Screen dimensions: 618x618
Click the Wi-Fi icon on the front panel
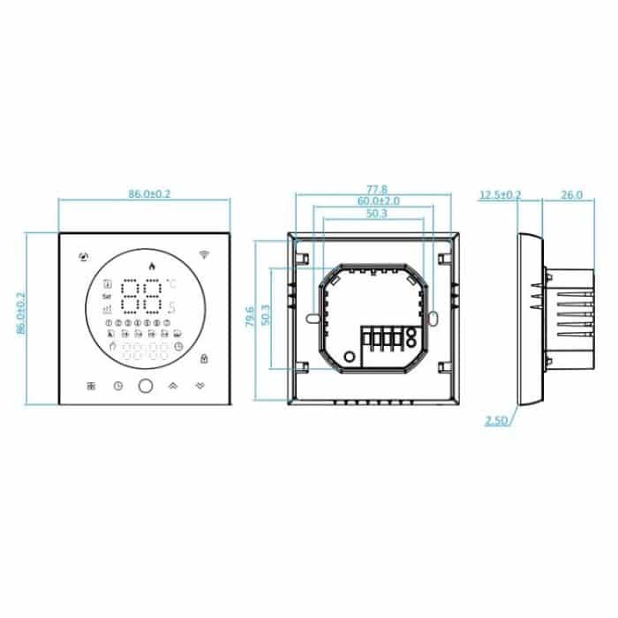205,255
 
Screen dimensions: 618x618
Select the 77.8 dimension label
377,189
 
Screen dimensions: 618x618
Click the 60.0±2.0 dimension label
378,201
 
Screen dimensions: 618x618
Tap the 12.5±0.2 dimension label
501,194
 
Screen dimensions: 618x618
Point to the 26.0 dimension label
572,194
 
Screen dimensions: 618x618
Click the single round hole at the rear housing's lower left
349,356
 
